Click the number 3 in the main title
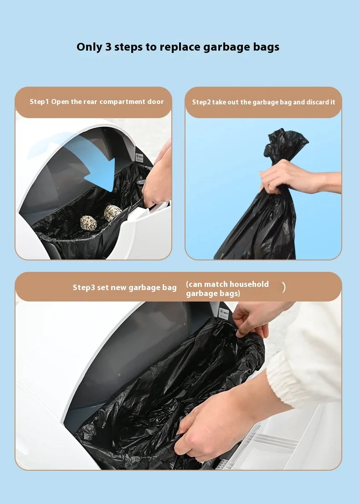point(108,47)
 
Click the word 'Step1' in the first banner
point(39,102)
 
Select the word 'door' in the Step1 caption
point(155,102)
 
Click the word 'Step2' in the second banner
point(201,102)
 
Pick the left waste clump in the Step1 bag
point(88,223)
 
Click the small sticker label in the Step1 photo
point(140,157)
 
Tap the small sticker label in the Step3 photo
point(224,313)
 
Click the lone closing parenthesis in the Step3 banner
point(283,287)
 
